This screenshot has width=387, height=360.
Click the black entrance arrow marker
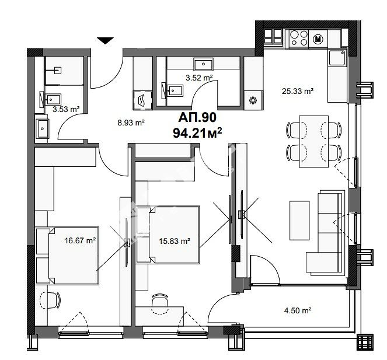pyautogui.click(x=106, y=41)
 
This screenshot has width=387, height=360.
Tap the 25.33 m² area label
pyautogui.click(x=298, y=91)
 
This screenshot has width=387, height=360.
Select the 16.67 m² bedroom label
pyautogui.click(x=80, y=240)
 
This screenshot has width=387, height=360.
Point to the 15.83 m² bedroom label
pyautogui.click(x=175, y=241)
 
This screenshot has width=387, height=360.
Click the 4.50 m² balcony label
pyautogui.click(x=298, y=310)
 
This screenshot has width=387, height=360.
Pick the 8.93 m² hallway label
pyautogui.click(x=131, y=123)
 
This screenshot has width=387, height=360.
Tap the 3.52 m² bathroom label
pyautogui.click(x=199, y=78)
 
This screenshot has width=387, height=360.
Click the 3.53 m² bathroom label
pyautogui.click(x=66, y=109)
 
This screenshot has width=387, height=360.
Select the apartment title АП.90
pyautogui.click(x=197, y=117)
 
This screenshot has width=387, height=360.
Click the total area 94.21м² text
pyautogui.click(x=197, y=134)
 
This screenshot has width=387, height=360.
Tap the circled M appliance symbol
pyautogui.click(x=318, y=39)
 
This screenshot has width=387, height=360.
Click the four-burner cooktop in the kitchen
pyautogui.click(x=299, y=38)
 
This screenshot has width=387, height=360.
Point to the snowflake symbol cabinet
pyautogui.click(x=253, y=100)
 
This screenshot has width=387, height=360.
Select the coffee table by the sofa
pyautogui.click(x=299, y=221)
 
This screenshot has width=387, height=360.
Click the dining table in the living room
pyautogui.click(x=313, y=142)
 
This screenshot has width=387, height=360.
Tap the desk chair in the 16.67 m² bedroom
pyautogui.click(x=51, y=300)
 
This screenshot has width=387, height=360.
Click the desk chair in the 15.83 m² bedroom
pyautogui.click(x=160, y=303)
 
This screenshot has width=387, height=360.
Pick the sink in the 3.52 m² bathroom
pyautogui.click(x=203, y=64)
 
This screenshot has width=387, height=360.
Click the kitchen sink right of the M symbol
pyautogui.click(x=337, y=58)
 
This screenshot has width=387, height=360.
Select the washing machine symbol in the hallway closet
pyautogui.click(x=142, y=100)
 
